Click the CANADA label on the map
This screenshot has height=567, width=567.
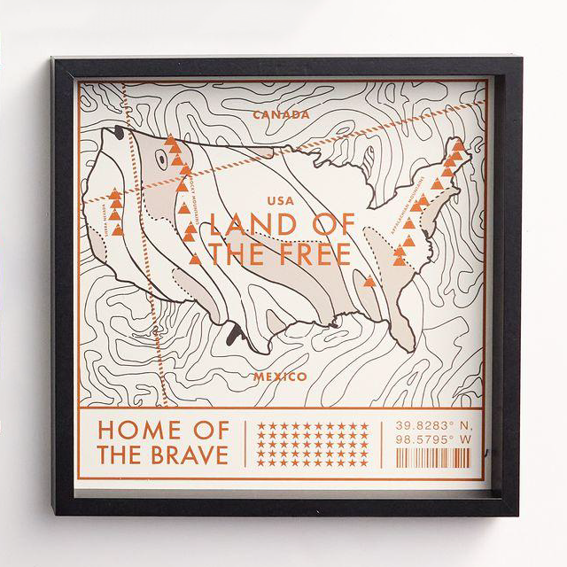pos(281,114)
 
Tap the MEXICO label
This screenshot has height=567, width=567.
pos(280,377)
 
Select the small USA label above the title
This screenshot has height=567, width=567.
pos(278,201)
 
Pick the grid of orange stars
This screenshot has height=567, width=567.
pos(312,444)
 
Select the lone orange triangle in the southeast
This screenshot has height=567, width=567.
pos(369,281)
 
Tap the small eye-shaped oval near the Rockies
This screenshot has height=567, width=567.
pos(161,159)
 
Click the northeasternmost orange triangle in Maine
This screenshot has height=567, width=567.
pos(458,144)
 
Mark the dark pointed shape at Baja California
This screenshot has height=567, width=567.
pos(234,334)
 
